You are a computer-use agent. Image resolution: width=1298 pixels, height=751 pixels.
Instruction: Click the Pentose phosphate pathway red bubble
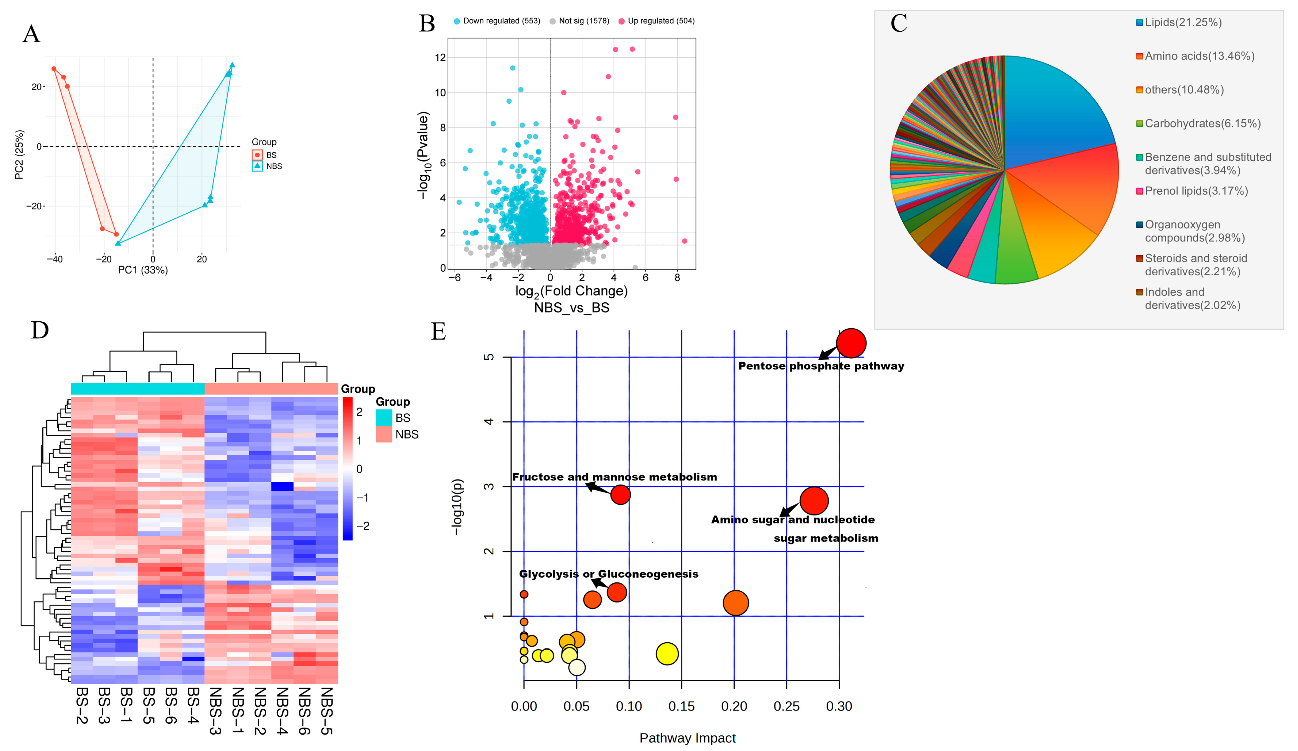851,343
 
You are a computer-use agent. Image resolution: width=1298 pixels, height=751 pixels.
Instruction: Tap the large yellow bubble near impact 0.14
667,654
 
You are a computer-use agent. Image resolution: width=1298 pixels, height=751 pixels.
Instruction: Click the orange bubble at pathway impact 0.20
736,603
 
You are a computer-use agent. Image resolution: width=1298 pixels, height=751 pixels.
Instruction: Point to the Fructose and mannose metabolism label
614,477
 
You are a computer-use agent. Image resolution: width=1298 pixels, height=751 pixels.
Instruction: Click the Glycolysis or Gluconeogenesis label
608,574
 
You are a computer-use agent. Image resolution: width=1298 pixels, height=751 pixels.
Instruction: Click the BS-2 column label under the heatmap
82,705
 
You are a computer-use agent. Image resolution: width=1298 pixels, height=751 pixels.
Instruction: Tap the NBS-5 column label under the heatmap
327,710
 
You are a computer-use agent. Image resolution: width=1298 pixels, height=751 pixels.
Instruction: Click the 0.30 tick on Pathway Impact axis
839,707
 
